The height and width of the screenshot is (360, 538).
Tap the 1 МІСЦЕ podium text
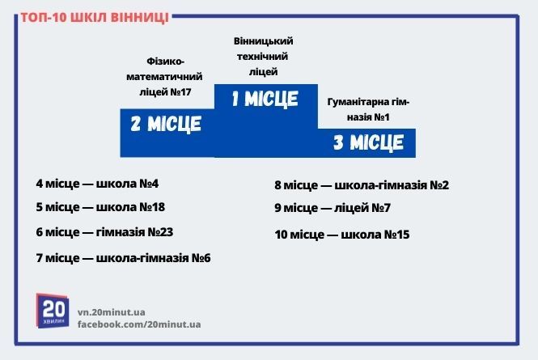(x=265, y=100)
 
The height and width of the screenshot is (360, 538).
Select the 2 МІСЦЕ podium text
(x=166, y=125)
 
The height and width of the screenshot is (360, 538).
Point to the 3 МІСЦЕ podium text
(x=368, y=143)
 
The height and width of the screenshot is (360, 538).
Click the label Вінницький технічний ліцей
(x=263, y=56)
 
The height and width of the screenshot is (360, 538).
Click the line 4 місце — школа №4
(x=96, y=183)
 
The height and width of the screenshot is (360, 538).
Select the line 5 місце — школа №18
(x=100, y=207)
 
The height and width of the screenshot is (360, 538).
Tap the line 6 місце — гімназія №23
(x=104, y=232)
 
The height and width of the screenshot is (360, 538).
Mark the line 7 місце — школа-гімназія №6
(x=123, y=258)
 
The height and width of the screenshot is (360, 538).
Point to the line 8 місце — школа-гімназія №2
(x=362, y=185)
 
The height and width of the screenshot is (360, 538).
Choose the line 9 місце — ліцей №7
(x=333, y=209)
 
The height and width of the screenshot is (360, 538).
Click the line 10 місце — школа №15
(x=342, y=235)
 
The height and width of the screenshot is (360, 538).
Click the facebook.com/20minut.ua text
(x=139, y=324)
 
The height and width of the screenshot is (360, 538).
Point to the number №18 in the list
(x=153, y=207)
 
